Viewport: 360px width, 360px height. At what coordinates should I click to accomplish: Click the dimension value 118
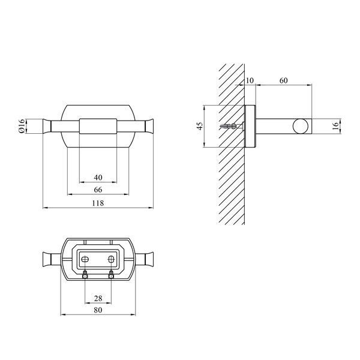[x=98, y=203]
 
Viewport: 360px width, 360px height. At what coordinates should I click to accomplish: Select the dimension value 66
[x=98, y=190]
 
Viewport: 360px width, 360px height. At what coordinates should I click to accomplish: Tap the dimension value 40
[x=98, y=178]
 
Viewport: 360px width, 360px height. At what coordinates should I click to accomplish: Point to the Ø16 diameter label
[x=22, y=126]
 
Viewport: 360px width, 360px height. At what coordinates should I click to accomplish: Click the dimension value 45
[x=200, y=126]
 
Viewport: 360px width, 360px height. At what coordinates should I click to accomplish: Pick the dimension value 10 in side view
[x=250, y=80]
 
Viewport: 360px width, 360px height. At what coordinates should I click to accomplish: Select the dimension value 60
[x=284, y=80]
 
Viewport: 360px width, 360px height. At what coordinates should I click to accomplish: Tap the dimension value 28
[x=98, y=298]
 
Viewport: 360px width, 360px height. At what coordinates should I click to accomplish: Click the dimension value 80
[x=98, y=310]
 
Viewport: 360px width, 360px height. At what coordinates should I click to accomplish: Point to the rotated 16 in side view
[x=335, y=126]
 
